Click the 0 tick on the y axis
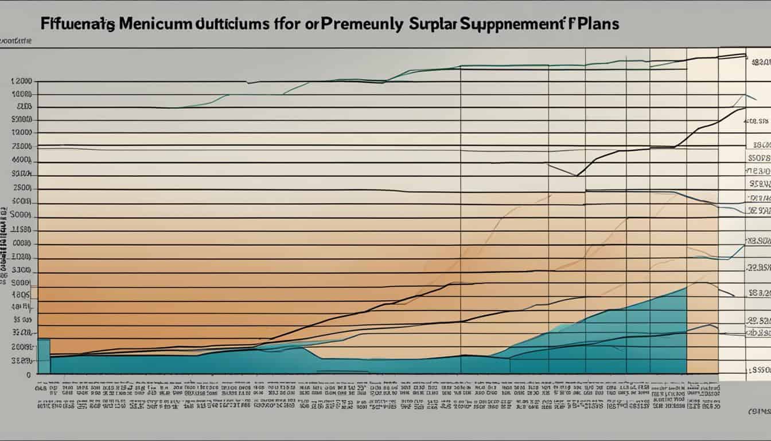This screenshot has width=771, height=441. click(28, 374)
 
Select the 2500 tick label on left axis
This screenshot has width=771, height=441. click(22, 188)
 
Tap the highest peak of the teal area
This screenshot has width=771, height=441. click(685, 288)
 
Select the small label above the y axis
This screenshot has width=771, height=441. click(15, 41)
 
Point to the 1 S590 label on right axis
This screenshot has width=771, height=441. click(757, 372)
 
